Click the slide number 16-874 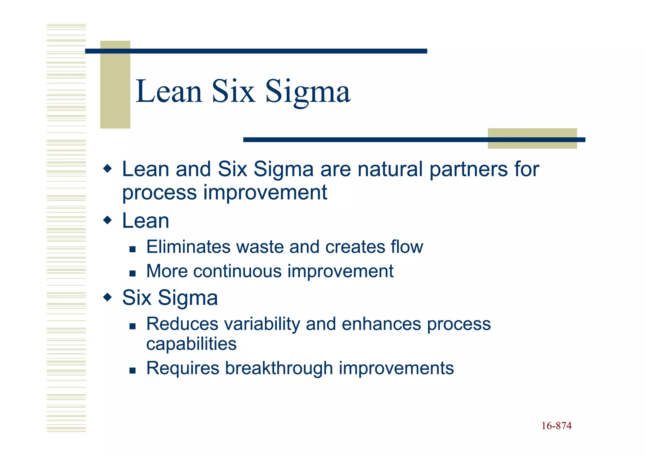(556, 426)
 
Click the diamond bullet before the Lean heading (108, 220)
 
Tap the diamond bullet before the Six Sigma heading (108, 297)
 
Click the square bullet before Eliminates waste (132, 249)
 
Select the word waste (260, 247)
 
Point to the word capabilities (191, 344)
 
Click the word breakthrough (279, 368)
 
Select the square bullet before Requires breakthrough (132, 370)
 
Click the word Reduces (182, 324)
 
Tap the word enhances (381, 324)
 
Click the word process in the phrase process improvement (159, 193)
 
